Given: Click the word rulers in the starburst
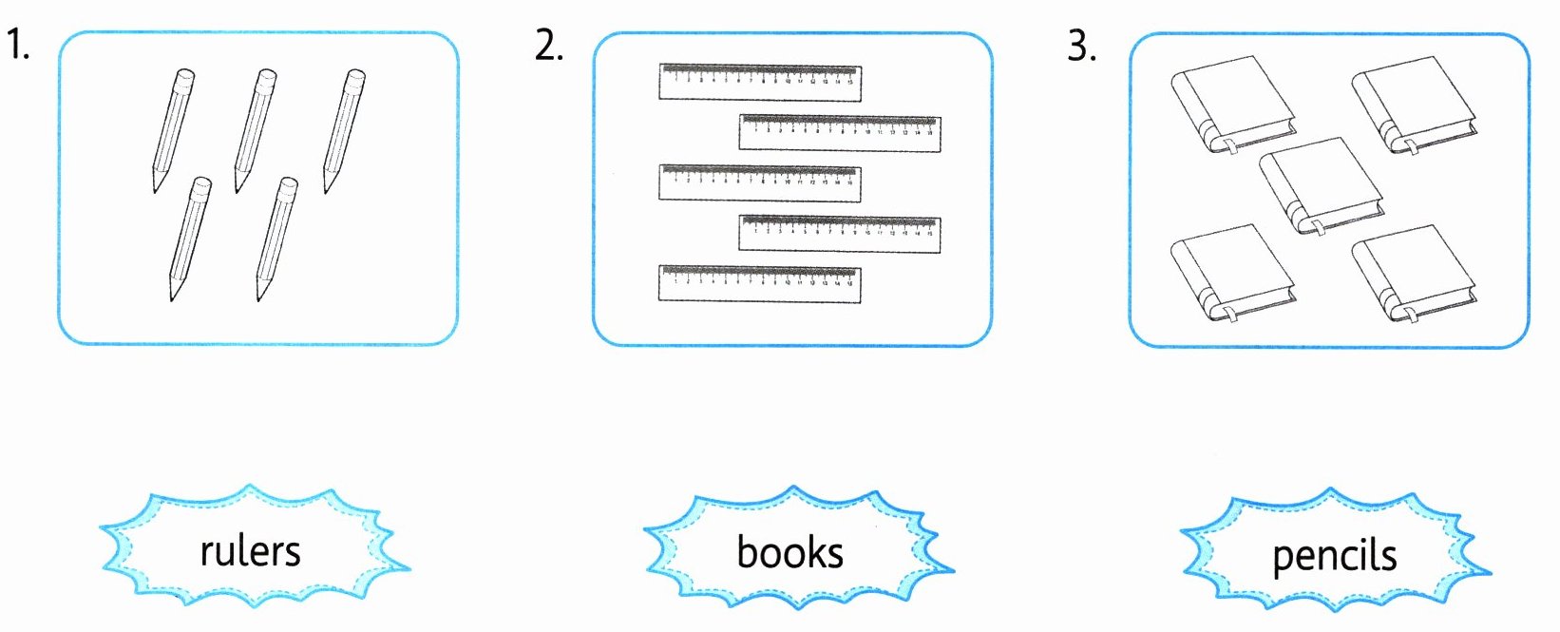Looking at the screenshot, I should pyautogui.click(x=250, y=551).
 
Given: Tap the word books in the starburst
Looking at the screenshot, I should pyautogui.click(x=790, y=552).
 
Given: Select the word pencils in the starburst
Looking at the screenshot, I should pyautogui.click(x=1334, y=556).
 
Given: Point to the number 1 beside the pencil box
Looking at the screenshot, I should pyautogui.click(x=16, y=45).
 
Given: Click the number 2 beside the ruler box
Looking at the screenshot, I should pyautogui.click(x=548, y=45).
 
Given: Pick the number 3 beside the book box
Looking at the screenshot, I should pyautogui.click(x=1081, y=45).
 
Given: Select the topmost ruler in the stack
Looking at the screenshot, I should pyautogui.click(x=760, y=83).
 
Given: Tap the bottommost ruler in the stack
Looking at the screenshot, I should pyautogui.click(x=759, y=284).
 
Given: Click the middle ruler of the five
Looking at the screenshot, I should pyautogui.click(x=760, y=182).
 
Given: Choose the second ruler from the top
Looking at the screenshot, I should pyautogui.click(x=840, y=133).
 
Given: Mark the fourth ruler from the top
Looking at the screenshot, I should pyautogui.click(x=840, y=234).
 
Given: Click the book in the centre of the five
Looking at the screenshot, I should pyautogui.click(x=1321, y=185).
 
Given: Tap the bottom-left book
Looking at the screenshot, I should pyautogui.click(x=1232, y=274).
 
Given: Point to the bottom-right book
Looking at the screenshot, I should pyautogui.click(x=1415, y=274).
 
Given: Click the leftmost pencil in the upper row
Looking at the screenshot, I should pyautogui.click(x=173, y=130).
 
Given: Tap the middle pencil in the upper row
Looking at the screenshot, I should pyautogui.click(x=256, y=130).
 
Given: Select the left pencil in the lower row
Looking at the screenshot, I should pyautogui.click(x=190, y=238).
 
